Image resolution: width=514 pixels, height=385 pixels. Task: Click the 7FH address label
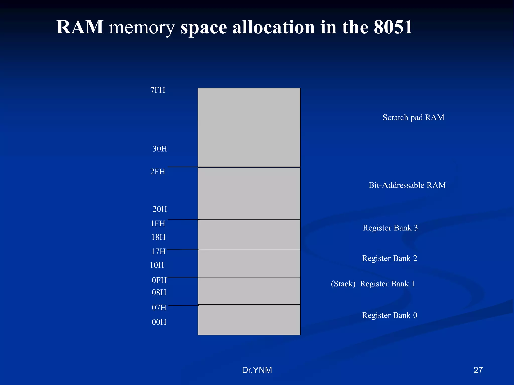(158, 90)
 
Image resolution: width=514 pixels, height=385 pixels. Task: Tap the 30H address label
(160, 149)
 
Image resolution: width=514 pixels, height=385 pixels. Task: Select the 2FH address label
(158, 172)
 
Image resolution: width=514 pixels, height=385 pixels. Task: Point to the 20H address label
(160, 209)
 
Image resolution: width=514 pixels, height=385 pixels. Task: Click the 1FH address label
(158, 223)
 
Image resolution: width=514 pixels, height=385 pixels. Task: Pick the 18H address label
(158, 237)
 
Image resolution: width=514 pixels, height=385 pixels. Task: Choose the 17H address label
(158, 251)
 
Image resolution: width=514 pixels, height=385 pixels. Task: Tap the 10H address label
(157, 265)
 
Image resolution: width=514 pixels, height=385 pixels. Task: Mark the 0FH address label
(159, 280)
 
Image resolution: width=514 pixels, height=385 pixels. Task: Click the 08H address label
(159, 292)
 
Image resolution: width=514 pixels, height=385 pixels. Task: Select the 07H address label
(159, 308)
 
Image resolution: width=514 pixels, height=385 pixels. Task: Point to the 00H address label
(159, 322)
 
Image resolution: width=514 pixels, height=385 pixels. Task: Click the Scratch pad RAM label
(413, 117)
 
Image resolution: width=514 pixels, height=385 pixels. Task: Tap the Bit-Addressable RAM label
(407, 185)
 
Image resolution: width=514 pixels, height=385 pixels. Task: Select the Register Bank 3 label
(390, 228)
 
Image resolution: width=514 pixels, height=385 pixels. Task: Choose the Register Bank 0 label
(390, 315)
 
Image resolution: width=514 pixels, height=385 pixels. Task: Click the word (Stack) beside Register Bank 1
(343, 284)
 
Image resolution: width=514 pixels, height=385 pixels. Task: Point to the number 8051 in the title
(393, 27)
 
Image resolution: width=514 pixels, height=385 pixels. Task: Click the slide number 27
(478, 370)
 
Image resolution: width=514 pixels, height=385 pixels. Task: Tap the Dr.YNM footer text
(257, 370)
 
